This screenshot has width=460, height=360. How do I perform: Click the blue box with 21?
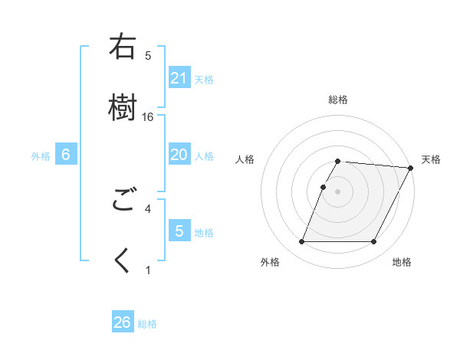pyautogui.click(x=179, y=78)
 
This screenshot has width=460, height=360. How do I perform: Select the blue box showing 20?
pyautogui.click(x=179, y=155)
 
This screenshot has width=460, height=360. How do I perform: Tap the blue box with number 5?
pyautogui.click(x=179, y=231)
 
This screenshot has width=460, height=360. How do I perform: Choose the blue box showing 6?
pyautogui.click(x=66, y=155)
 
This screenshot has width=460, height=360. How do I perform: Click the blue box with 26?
pyautogui.click(x=122, y=322)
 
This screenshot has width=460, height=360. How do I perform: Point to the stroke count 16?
pyautogui.click(x=148, y=117)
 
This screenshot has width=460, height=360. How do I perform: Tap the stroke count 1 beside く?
pyautogui.click(x=148, y=270)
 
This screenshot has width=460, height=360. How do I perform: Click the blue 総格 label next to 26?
pyautogui.click(x=148, y=324)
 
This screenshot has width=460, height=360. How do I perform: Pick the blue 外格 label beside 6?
pyautogui.click(x=41, y=156)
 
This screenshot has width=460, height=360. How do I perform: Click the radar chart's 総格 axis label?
pyautogui.click(x=338, y=100)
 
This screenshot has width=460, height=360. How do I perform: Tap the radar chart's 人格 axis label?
pyautogui.click(x=245, y=159)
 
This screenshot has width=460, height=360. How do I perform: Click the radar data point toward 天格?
pyautogui.click(x=411, y=167)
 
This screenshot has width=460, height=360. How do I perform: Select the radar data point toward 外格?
pyautogui.click(x=301, y=242)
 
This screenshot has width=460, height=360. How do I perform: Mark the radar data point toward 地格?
pyautogui.click(x=374, y=242)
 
